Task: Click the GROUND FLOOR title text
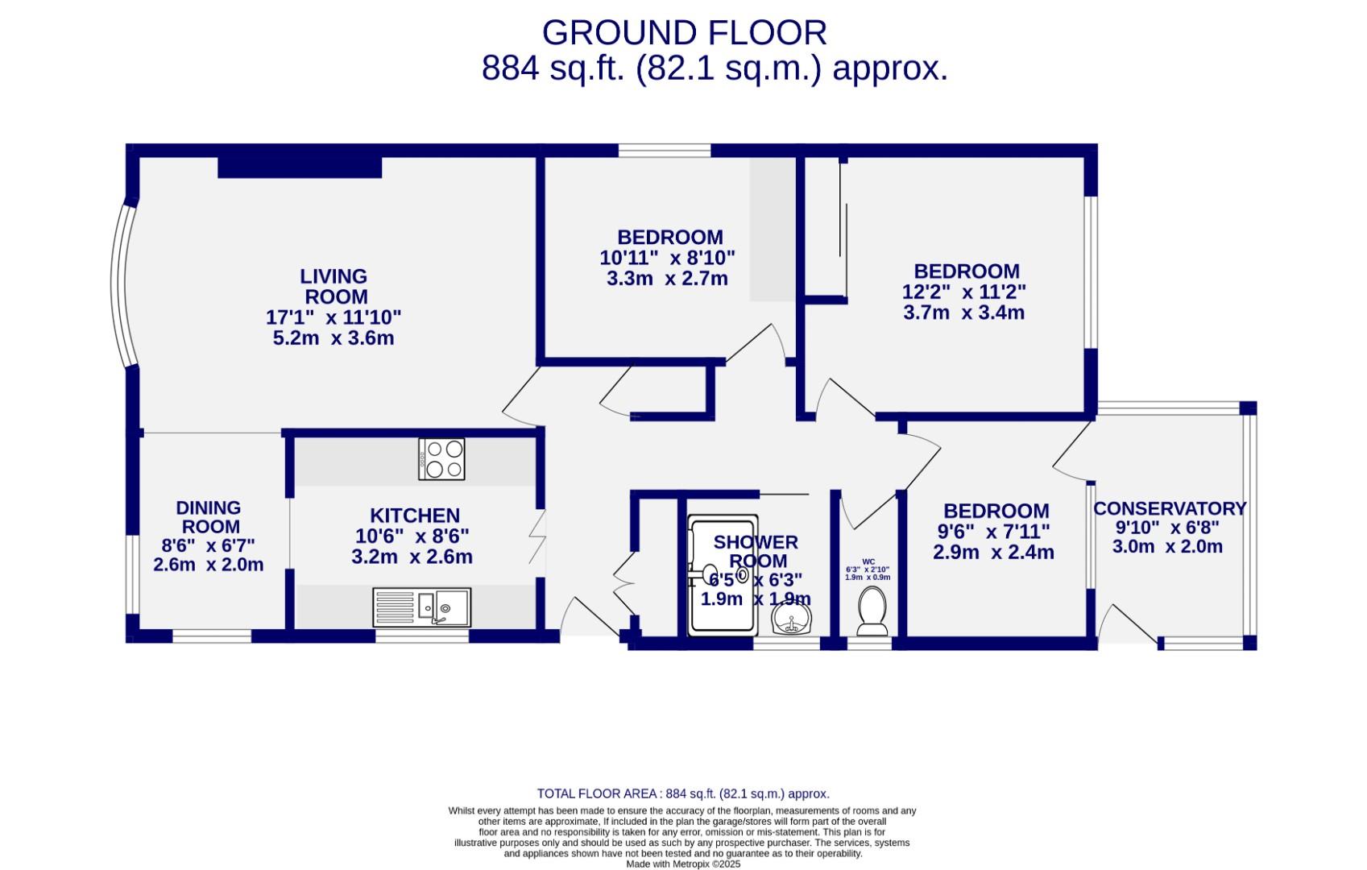coord(684,33)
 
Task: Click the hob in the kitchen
coord(441,459)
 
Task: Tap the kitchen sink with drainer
coord(421,607)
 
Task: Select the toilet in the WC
coord(872,610)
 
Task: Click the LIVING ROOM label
coord(334,286)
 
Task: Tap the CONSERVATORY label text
coord(1170,509)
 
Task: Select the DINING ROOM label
coord(208,517)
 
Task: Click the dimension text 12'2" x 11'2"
coord(964,292)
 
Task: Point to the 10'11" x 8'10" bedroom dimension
coord(667,258)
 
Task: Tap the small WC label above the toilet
coord(868,561)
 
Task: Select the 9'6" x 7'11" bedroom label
coord(996,511)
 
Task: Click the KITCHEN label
coord(415,516)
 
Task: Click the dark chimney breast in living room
coord(299,167)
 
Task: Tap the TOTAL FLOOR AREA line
coord(683,793)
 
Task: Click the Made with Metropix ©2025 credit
coord(683,864)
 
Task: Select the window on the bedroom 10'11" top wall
coord(665,150)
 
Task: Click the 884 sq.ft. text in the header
coord(553,68)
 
